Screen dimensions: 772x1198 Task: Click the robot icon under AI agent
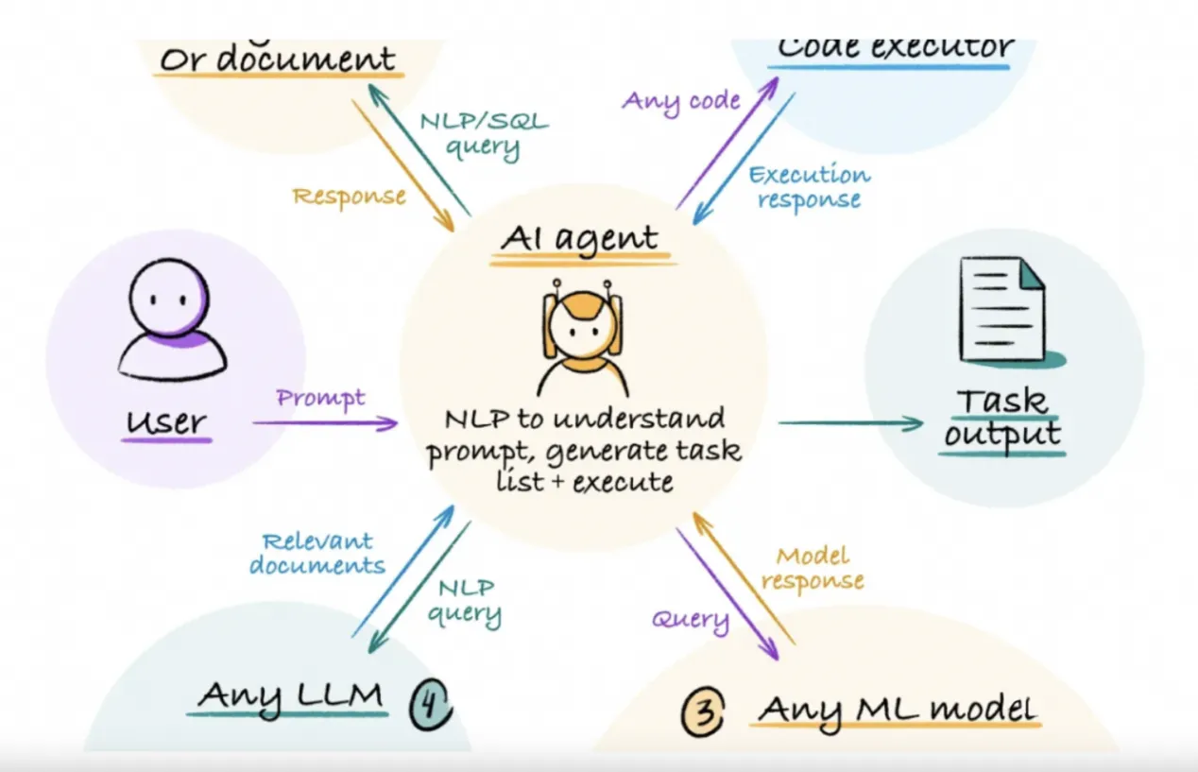click(x=584, y=341)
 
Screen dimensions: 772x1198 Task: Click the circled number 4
click(x=429, y=704)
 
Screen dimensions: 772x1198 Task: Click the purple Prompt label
click(x=321, y=398)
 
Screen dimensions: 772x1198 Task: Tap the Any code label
click(x=680, y=99)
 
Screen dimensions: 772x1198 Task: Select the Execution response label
click(x=809, y=187)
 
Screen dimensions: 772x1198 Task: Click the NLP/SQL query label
click(x=483, y=133)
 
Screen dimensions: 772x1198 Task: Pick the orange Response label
click(x=350, y=197)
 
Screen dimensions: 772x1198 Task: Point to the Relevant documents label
click(x=324, y=554)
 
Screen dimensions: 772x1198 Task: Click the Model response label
click(x=813, y=568)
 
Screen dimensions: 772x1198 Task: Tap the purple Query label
click(x=691, y=620)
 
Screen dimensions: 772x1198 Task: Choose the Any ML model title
click(x=897, y=708)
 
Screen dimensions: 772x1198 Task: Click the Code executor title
click(x=895, y=47)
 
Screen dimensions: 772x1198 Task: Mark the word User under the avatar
click(x=168, y=420)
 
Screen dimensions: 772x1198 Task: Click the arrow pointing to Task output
click(x=850, y=423)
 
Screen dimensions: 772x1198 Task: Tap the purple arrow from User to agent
click(x=326, y=422)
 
